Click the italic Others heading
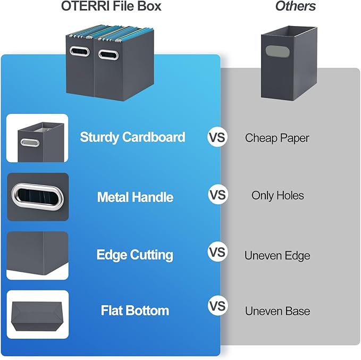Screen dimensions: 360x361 [x=295, y=6]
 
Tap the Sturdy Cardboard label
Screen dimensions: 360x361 [x=132, y=137]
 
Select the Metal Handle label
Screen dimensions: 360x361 [x=135, y=197]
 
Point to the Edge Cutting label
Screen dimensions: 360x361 [x=135, y=255]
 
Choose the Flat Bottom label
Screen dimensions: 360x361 [x=135, y=311]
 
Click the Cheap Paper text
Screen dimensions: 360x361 [x=277, y=138]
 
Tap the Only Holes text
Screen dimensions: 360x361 [x=278, y=196]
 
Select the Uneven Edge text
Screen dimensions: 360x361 [x=277, y=256]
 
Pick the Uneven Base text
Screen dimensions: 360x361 [x=277, y=311]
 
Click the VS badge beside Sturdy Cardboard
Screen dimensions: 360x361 [x=217, y=137]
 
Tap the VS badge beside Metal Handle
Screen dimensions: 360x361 [x=217, y=195]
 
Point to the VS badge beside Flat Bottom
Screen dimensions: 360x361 [x=217, y=306]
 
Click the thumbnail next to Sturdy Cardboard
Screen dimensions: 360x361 [x=37, y=138]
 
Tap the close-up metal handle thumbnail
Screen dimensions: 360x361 [x=37, y=197]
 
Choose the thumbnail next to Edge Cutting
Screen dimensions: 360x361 [x=37, y=256]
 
